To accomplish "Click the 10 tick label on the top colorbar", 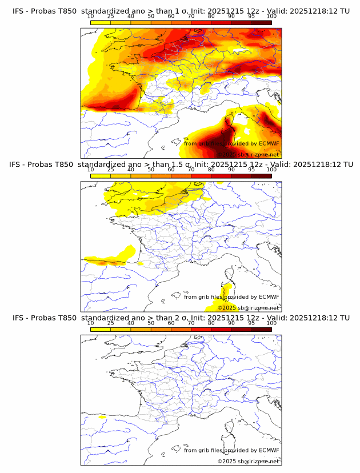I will [91, 17].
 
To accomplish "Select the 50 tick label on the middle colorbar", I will [151, 170].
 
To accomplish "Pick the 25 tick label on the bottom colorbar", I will [111, 323].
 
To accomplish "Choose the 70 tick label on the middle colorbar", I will [191, 170].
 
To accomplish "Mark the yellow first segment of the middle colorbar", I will [101, 175].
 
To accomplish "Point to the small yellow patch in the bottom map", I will [102, 418].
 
